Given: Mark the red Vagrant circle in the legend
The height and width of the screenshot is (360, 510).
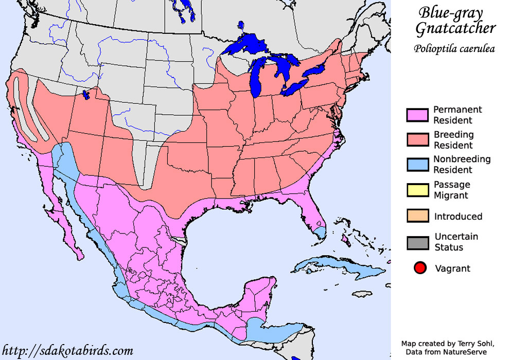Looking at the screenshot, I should [x=420, y=268].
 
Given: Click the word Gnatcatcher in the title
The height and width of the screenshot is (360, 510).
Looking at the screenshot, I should [x=455, y=29].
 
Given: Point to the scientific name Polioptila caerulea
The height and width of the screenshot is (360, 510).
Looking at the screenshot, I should [x=453, y=49].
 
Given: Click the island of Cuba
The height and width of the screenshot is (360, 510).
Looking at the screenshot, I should [x=340, y=267].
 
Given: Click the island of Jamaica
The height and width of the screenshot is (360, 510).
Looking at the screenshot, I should [x=364, y=294].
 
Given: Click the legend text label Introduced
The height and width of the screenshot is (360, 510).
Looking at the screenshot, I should [x=458, y=217].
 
